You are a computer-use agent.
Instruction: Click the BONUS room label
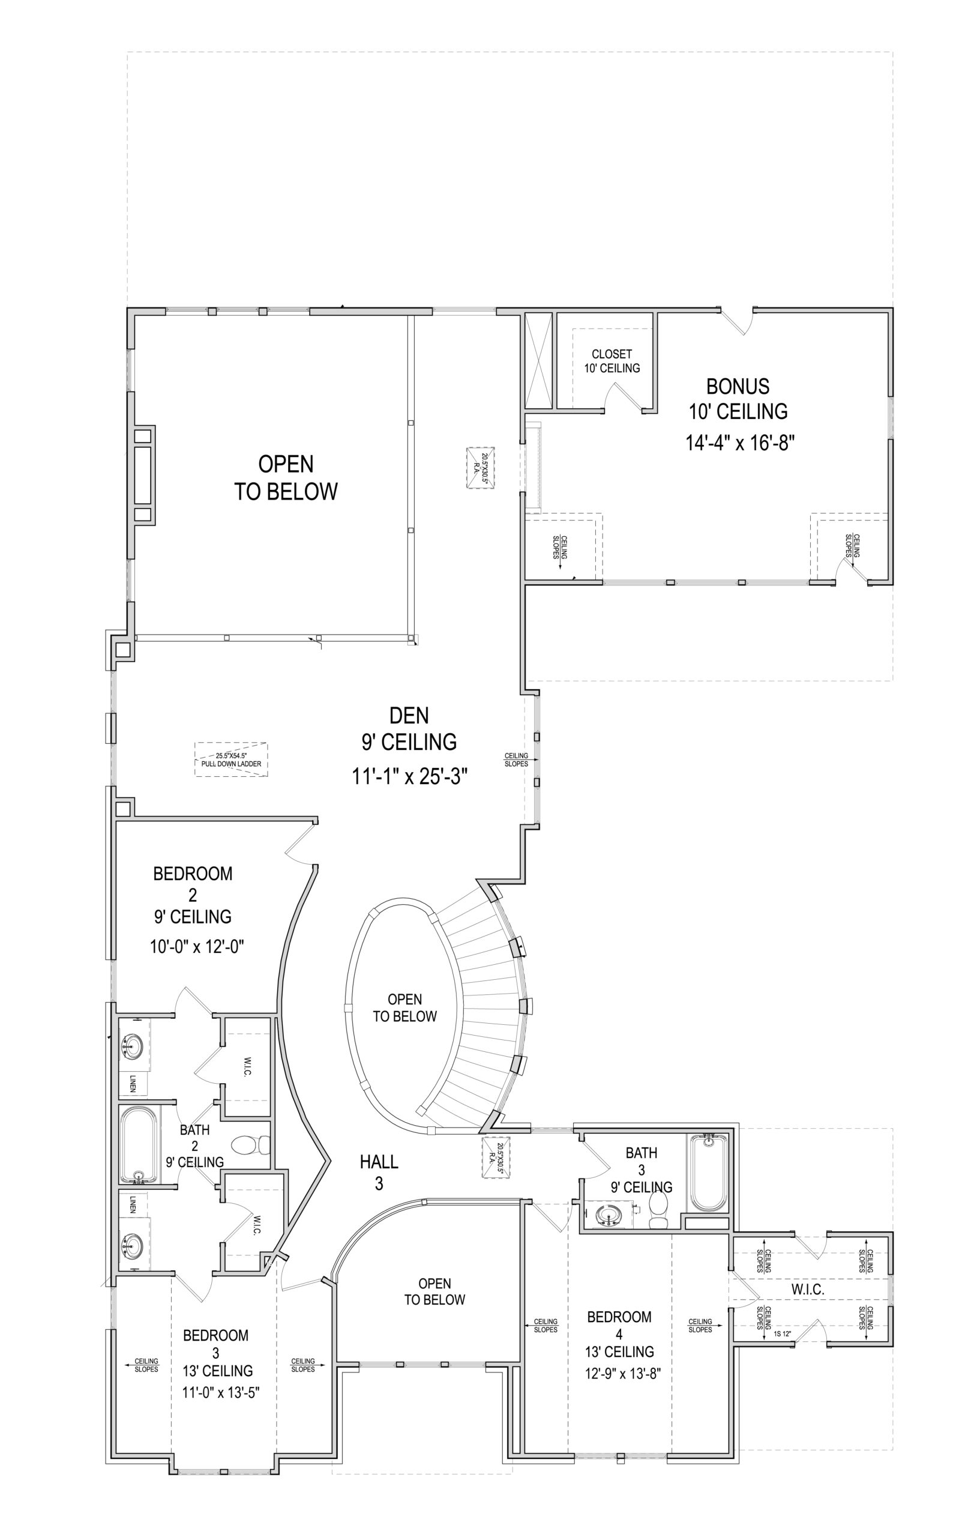pyautogui.click(x=737, y=387)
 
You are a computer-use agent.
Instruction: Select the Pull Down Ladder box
pyautogui.click(x=231, y=759)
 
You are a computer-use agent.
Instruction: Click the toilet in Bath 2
pyautogui.click(x=250, y=1144)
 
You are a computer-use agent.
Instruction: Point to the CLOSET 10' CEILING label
pyautogui.click(x=612, y=361)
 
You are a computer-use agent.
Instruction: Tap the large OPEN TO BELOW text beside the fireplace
pyautogui.click(x=285, y=478)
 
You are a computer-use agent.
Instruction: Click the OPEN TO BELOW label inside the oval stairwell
pyautogui.click(x=404, y=1008)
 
